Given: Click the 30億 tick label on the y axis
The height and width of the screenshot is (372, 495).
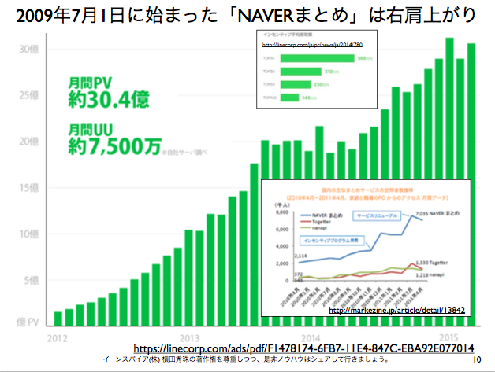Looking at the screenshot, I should coord(29,49).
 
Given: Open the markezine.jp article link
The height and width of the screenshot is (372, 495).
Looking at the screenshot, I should coord(396,311).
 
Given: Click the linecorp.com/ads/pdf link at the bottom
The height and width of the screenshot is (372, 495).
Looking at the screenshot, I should coord(303,347).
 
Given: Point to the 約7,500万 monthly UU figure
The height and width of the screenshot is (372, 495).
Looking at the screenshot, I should coord(115,145).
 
